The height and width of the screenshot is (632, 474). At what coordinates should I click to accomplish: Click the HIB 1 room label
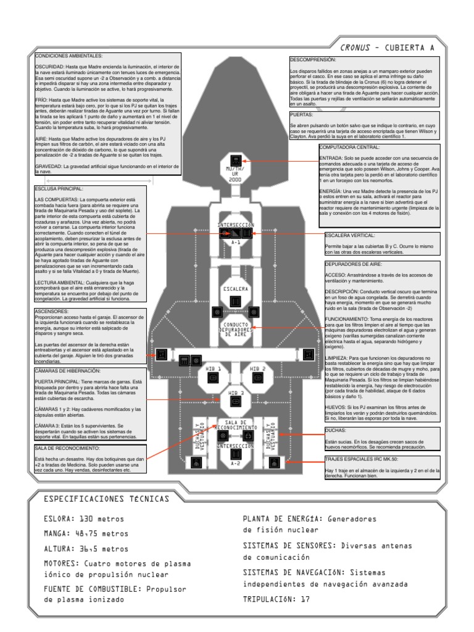pos(215,368)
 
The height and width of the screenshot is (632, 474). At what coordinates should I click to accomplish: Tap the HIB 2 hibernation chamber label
pos(257,368)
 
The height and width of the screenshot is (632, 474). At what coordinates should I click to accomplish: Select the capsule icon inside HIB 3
pos(235,401)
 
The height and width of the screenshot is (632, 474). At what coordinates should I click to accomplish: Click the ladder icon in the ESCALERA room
pos(235,300)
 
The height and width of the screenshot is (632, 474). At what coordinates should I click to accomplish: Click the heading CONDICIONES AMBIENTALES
pos(60,56)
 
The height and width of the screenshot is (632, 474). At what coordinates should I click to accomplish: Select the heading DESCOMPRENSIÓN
pos(313,60)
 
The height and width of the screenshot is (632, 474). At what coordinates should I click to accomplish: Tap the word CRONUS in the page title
pos(357,47)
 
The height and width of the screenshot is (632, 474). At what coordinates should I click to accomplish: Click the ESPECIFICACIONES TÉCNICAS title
pos(110,497)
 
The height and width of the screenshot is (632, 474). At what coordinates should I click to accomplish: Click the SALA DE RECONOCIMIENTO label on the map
pos(235,425)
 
